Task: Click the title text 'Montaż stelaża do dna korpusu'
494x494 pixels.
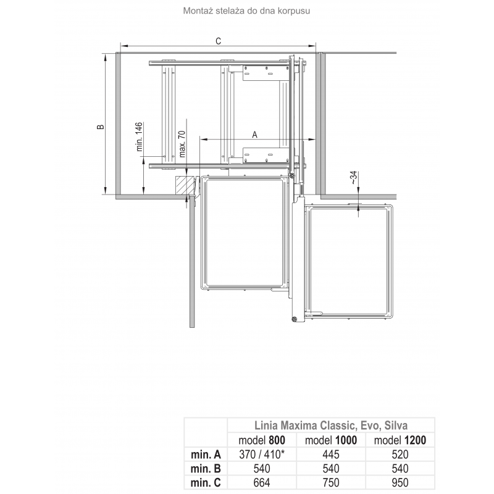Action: point(246,11)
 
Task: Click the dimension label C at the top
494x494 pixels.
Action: point(219,41)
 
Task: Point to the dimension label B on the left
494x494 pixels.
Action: point(100,127)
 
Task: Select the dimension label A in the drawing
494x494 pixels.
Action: point(254,135)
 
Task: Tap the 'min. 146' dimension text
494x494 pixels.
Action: point(140,137)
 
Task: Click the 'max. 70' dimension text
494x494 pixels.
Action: point(182,144)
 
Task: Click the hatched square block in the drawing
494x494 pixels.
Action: point(185,185)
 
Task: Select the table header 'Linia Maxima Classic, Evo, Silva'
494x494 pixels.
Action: point(331,425)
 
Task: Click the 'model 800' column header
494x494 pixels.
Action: point(262,440)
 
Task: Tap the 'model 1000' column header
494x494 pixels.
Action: point(331,440)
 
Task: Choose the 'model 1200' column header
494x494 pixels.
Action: point(400,440)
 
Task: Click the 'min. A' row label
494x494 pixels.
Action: point(206,454)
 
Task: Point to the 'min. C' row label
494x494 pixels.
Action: point(206,483)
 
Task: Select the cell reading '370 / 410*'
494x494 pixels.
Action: point(262,454)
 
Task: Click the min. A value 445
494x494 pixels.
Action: point(331,454)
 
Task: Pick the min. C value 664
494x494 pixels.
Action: point(262,483)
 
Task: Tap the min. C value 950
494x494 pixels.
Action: point(400,483)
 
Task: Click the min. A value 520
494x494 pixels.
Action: point(400,454)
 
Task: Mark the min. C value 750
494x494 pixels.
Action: point(331,483)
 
